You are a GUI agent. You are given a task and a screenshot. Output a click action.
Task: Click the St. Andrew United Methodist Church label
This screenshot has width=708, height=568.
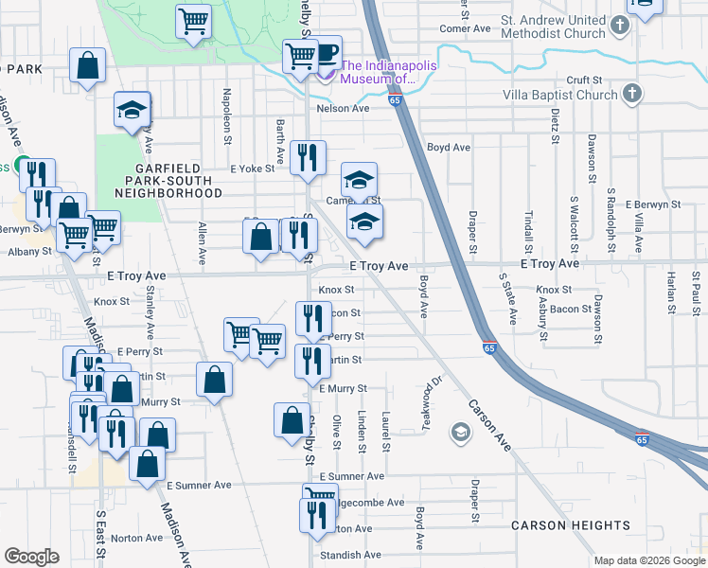pos(553,27)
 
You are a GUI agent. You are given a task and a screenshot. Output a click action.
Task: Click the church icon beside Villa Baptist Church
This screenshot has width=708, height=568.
pos(631,93)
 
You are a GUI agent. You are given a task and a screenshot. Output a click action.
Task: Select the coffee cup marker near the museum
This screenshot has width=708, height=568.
pos(326,54)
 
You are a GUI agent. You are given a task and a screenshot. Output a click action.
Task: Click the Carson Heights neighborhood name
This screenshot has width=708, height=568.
pos(570,525)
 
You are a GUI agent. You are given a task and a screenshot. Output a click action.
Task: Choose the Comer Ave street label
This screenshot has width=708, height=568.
pos(465,28)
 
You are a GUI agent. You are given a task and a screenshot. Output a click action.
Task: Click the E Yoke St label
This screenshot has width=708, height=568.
pos(252,169)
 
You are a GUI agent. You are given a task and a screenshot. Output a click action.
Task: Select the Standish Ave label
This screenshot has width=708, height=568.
pos(349,555)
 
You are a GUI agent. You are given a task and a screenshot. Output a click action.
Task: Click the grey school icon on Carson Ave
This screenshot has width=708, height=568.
pos(460,434)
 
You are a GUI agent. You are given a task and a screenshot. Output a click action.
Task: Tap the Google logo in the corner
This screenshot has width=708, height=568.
pos(31,557)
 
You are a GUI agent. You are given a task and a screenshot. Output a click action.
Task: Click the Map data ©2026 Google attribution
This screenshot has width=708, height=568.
pos(649,560)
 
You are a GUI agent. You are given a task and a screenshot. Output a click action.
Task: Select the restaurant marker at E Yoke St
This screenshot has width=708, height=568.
pos(307,158)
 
